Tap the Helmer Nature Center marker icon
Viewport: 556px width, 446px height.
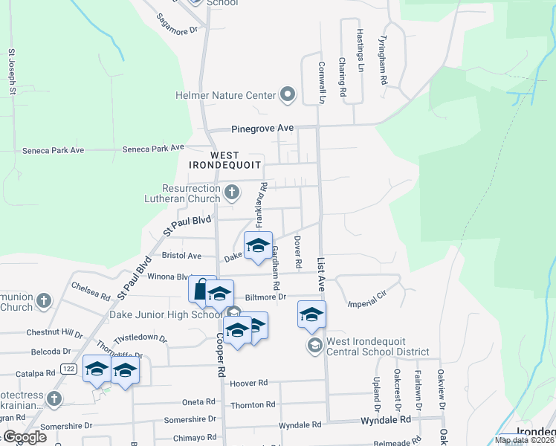288,95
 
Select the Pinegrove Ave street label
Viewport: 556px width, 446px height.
262,128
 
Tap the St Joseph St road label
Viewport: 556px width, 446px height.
12,72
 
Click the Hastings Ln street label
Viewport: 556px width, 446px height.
360,45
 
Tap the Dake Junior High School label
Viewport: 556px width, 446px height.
167,315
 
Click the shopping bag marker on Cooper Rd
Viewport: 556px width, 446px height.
201,289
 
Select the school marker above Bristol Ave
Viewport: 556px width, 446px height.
258,246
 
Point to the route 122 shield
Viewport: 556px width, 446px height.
69,369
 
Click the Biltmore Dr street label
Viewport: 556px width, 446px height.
271,297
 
